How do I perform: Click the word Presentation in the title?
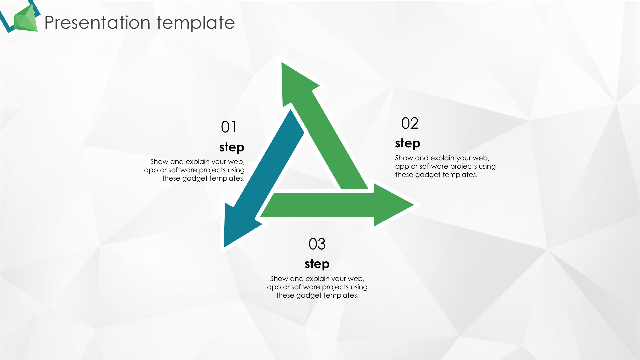97,23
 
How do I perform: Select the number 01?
229,127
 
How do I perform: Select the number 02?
410,123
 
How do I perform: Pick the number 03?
317,244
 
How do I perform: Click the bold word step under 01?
232,147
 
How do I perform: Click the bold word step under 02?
407,143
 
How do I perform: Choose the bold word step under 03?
317,264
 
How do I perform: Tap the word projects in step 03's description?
335,287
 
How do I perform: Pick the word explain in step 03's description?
317,279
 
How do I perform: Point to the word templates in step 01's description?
227,179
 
